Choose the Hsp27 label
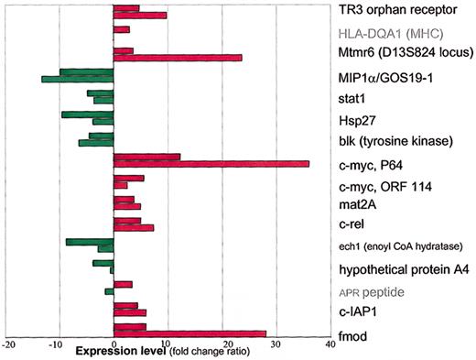click(x=354, y=120)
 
